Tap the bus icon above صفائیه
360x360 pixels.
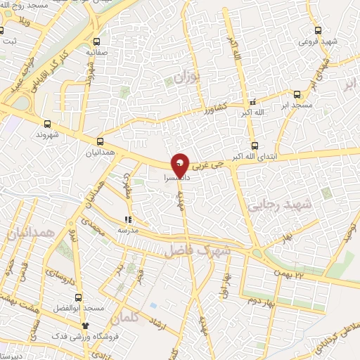pyautogui.click(x=96, y=41)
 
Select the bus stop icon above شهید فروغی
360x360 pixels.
pyautogui.click(x=318, y=30)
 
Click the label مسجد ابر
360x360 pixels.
pyautogui.click(x=297, y=105)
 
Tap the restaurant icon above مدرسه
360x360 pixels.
pyautogui.click(x=128, y=219)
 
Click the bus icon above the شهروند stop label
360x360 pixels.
pyautogui.click(x=47, y=122)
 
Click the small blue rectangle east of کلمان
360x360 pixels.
pyautogui.click(x=153, y=306)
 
